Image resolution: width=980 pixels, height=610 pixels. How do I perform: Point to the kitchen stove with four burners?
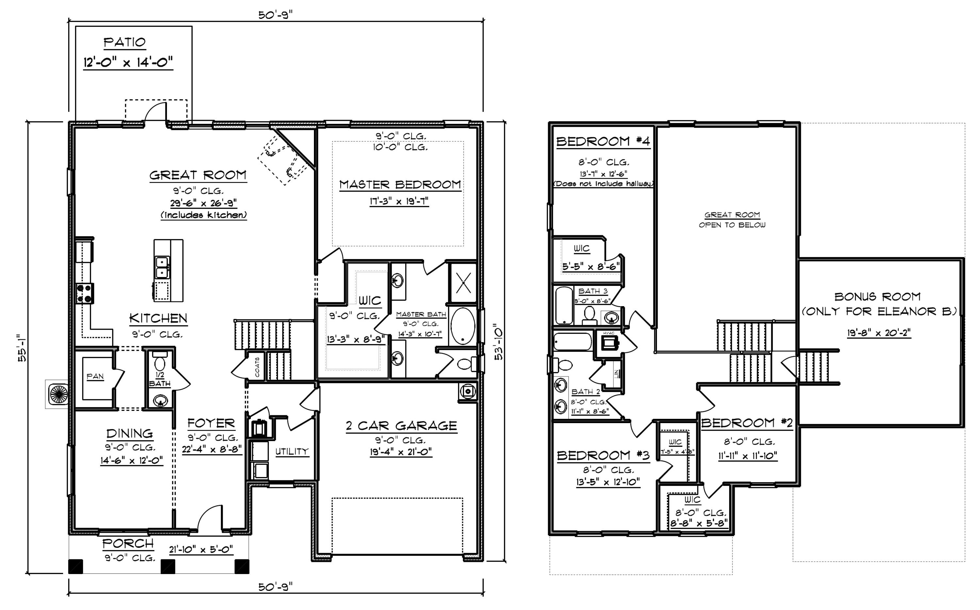(85, 293)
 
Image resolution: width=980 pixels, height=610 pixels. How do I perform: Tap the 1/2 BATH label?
(160, 380)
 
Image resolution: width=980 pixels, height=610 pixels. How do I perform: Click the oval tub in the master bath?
(463, 326)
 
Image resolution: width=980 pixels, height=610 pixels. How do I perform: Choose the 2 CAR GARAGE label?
(401, 426)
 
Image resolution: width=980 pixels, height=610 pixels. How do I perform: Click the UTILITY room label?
(292, 452)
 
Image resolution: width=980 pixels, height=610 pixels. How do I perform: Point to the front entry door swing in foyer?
(210, 517)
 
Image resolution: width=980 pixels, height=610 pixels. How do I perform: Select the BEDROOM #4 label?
(603, 141)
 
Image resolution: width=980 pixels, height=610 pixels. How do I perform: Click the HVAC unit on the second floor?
(609, 342)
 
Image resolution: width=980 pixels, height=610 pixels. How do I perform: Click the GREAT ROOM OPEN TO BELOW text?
(732, 220)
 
